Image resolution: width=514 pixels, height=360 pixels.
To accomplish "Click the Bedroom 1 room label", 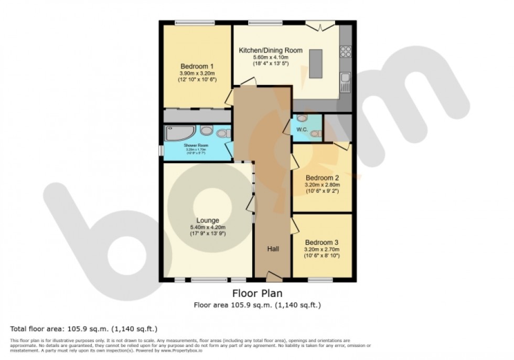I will [197, 66].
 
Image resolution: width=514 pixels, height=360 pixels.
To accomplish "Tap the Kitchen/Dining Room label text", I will [271, 50].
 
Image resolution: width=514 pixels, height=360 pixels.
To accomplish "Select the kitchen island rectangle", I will [317, 63].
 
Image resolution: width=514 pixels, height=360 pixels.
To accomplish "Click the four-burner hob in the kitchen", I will [346, 51].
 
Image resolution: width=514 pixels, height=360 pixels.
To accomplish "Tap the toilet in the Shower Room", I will [223, 133].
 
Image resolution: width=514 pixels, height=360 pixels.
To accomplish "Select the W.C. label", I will [302, 129].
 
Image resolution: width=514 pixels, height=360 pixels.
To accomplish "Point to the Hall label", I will [273, 248].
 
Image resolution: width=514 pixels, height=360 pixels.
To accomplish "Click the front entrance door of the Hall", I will [273, 276].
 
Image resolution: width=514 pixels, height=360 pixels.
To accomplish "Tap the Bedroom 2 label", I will [322, 177].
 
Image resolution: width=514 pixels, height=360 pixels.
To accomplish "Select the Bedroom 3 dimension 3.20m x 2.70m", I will [322, 249].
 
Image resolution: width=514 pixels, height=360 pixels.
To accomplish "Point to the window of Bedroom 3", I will [320, 280].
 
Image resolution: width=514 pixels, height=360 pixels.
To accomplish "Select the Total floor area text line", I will [84, 329].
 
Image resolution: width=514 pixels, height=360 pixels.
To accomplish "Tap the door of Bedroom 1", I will [229, 98].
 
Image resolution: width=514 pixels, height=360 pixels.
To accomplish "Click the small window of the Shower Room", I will [161, 150].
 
